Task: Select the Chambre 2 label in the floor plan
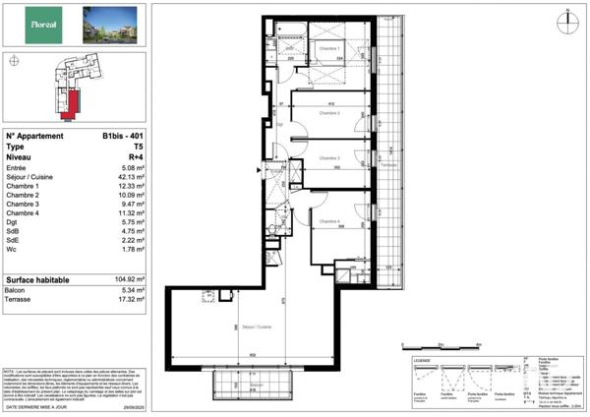click(329, 113)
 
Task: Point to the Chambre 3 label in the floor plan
click(329, 158)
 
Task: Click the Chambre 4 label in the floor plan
click(329, 221)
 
